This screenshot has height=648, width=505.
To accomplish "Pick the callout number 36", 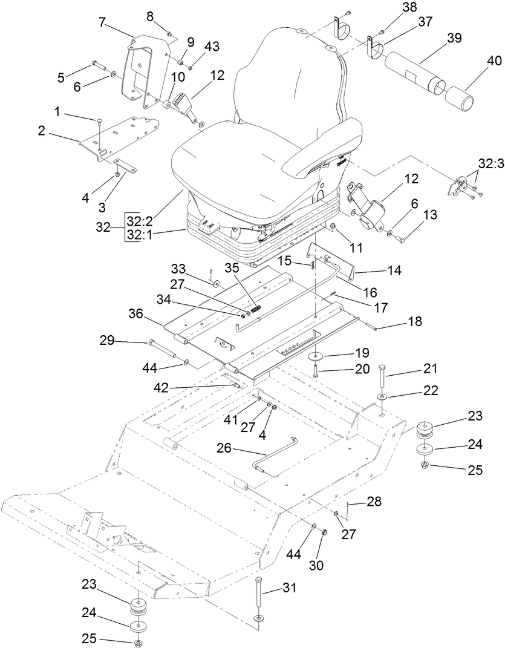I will (x=135, y=314).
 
